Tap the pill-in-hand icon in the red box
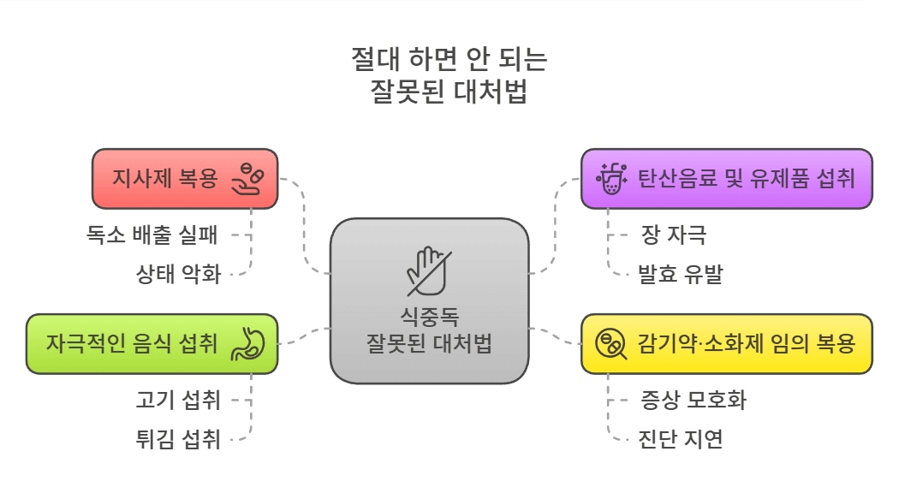(249, 178)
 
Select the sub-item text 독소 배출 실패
(152, 234)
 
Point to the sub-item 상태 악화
(178, 275)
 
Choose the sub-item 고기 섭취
(178, 399)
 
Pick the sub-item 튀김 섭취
(178, 440)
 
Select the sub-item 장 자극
(674, 234)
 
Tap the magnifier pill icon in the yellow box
(610, 344)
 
